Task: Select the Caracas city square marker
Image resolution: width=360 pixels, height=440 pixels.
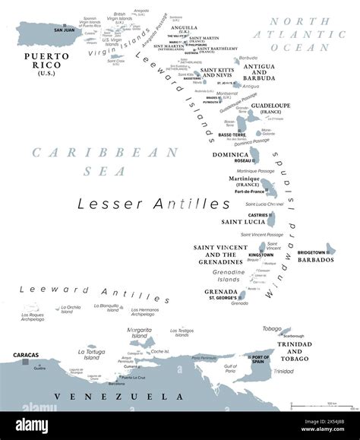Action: (25, 362)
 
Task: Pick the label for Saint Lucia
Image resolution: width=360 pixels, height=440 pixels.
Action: (242, 222)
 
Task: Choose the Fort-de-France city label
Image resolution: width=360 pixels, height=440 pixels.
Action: (249, 192)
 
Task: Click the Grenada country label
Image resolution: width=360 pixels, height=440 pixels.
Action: (219, 291)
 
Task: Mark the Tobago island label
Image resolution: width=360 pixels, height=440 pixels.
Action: (272, 328)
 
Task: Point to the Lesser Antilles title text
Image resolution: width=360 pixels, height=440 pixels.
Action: (154, 204)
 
